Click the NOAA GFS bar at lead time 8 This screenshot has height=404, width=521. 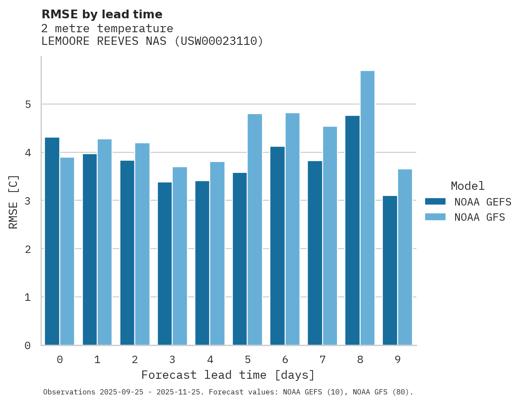click(x=368, y=208)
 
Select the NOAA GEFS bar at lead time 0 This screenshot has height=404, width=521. click(x=52, y=241)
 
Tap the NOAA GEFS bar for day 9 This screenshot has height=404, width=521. click(x=390, y=270)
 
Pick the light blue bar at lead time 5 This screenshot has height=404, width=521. click(x=255, y=229)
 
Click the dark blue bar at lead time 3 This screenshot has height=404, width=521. click(x=165, y=263)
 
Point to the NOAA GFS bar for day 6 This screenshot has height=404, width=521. click(x=292, y=229)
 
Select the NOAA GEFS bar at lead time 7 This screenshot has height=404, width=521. click(x=315, y=253)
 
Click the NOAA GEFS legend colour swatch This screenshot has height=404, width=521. click(x=435, y=202)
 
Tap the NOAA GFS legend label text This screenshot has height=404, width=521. click(x=480, y=217)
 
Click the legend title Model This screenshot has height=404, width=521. click(x=467, y=186)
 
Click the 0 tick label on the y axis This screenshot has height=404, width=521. click(x=27, y=346)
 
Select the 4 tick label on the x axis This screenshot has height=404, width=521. click(x=210, y=360)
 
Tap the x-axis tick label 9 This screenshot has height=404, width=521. click(x=397, y=360)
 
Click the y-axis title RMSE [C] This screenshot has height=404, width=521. click(x=14, y=202)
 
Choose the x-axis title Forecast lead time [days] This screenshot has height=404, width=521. click(x=228, y=375)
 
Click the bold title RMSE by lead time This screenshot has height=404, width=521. click(x=102, y=14)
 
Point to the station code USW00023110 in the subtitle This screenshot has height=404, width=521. click(x=218, y=41)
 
